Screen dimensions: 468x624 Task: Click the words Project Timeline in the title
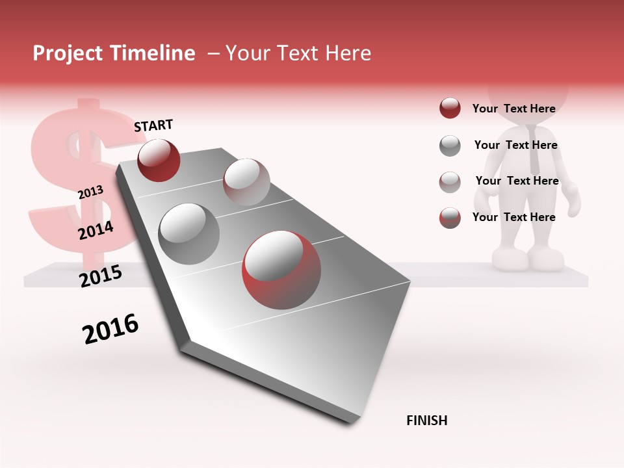tap(114, 53)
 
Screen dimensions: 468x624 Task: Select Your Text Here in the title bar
tap(298, 53)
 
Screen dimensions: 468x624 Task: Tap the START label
tap(153, 125)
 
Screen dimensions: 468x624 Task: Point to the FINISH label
tap(427, 421)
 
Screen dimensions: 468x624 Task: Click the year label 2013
tap(90, 192)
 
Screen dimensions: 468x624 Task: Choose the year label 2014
tap(96, 230)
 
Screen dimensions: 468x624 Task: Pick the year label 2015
tap(101, 276)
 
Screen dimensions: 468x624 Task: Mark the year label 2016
tap(110, 328)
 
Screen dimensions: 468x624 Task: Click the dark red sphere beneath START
tap(159, 160)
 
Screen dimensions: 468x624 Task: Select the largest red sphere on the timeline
tap(281, 270)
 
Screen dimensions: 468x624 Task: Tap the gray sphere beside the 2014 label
tap(188, 233)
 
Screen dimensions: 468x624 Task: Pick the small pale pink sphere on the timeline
tap(246, 182)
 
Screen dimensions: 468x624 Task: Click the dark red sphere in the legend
tap(450, 109)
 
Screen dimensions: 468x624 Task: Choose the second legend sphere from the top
tap(450, 146)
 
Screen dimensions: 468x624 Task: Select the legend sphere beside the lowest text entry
tap(450, 218)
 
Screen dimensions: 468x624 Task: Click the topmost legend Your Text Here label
tap(513, 109)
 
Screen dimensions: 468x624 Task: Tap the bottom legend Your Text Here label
tap(513, 217)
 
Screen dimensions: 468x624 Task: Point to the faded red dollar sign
tap(75, 175)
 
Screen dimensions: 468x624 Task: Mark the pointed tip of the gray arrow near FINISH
tap(352, 423)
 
